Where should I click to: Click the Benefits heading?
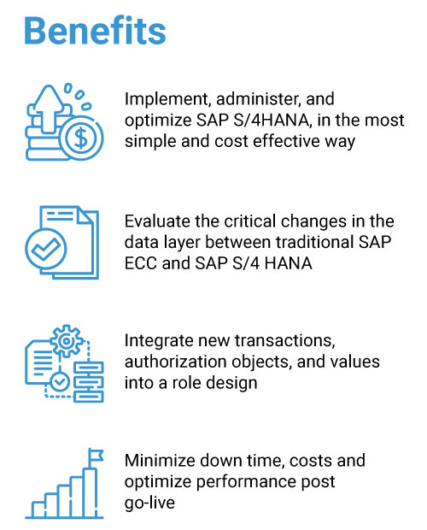point(95,31)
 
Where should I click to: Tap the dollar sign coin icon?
point(80,138)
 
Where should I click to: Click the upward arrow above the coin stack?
point(50,109)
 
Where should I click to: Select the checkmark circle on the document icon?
point(46,249)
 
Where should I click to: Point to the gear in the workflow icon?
point(67,341)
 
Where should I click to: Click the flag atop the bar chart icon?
point(96,456)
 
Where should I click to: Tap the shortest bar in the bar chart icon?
point(38,509)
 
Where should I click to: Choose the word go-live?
point(149,503)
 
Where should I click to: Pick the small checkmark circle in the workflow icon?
point(60,382)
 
